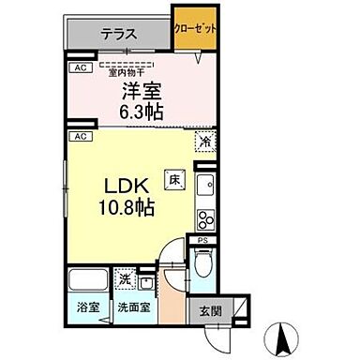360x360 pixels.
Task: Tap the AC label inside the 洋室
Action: click(x=81, y=68)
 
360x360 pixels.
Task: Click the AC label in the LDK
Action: click(x=81, y=136)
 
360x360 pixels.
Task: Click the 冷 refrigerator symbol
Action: click(x=204, y=142)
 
